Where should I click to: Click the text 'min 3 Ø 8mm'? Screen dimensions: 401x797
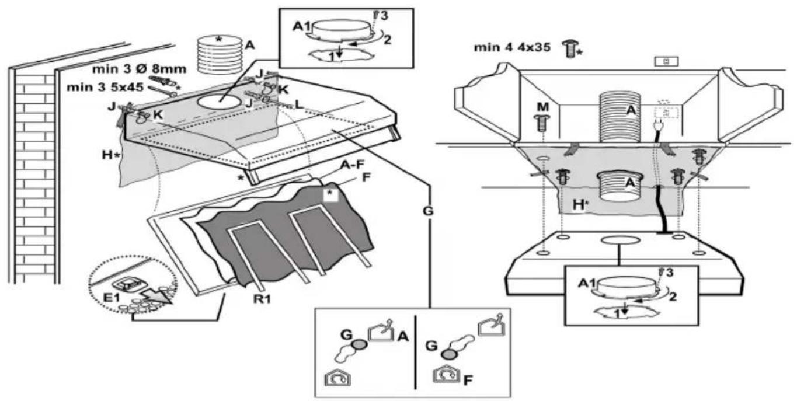[x=139, y=69]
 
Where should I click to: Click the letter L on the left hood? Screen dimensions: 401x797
[x=300, y=104]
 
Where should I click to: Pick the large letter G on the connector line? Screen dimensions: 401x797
[x=428, y=211]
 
